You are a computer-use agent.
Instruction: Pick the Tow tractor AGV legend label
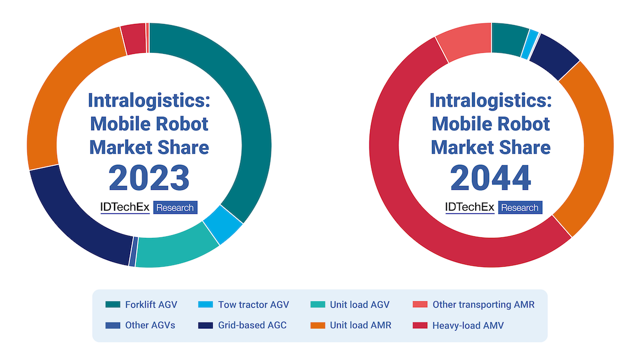(x=253, y=305)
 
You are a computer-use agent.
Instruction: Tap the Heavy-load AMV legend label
(x=468, y=325)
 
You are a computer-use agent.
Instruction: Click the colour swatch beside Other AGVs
(x=113, y=325)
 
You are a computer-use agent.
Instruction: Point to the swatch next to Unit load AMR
(x=318, y=325)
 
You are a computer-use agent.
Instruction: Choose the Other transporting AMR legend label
(x=483, y=305)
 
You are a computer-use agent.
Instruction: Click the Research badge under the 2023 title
(x=175, y=207)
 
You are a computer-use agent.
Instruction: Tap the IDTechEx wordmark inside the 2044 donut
(x=469, y=207)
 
